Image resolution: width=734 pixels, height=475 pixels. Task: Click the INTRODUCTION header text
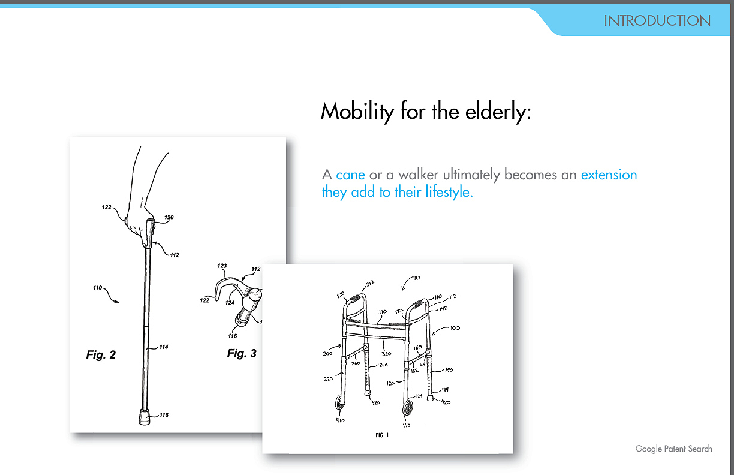[657, 20]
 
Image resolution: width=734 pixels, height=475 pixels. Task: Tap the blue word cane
[350, 175]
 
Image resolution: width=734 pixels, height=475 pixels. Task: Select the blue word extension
[609, 175]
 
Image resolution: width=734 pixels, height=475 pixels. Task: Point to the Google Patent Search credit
[673, 449]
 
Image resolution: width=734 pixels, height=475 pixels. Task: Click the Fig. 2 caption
[101, 355]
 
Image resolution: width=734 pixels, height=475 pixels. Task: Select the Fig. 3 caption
[242, 353]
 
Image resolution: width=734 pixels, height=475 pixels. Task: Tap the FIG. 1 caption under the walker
[381, 435]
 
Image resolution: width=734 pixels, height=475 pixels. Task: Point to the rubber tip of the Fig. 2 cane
[145, 416]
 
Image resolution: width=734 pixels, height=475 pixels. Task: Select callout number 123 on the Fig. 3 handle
[222, 266]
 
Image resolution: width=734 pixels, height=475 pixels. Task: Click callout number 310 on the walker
[381, 312]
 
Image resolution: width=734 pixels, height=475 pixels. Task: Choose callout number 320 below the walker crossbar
[386, 354]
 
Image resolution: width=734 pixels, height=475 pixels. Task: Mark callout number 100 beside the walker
[454, 329]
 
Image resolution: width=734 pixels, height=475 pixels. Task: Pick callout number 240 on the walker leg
[383, 365]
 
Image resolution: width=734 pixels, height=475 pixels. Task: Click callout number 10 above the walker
[416, 278]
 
